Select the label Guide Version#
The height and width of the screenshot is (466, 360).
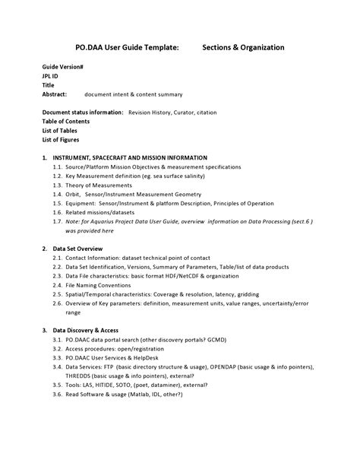coord(63,68)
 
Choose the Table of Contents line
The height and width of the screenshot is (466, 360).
coord(66,122)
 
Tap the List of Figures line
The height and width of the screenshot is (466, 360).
coord(61,140)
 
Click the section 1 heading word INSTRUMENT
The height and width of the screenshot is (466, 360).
coord(77,158)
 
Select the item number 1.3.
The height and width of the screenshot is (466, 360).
coord(58,185)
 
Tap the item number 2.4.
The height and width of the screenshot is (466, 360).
coord(58,285)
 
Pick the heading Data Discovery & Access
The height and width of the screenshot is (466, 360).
coord(90,331)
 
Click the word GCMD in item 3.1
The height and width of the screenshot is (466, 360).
coord(238,340)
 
